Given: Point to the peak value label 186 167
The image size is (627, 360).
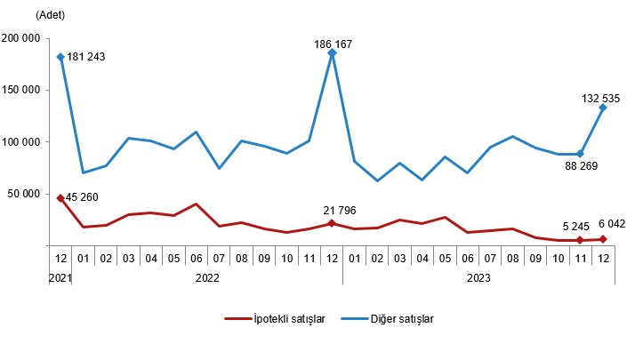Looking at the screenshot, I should (333, 44).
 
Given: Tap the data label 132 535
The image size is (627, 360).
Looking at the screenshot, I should (601, 98).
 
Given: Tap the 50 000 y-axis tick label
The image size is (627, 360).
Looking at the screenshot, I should (25, 193).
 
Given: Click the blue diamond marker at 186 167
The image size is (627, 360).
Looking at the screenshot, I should (332, 53).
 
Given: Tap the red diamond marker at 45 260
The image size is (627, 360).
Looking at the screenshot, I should (60, 198).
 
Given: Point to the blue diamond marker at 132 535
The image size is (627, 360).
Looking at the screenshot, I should (603, 108).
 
